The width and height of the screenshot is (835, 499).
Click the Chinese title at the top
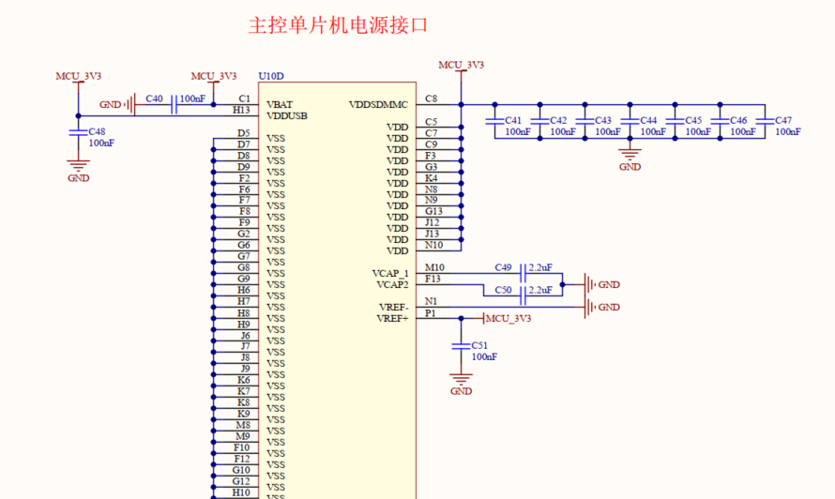(338, 25)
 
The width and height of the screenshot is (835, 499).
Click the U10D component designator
(270, 76)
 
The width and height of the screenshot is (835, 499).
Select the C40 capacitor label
(155, 98)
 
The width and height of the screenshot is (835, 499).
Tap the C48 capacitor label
(97, 132)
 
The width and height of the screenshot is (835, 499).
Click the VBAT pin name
(280, 105)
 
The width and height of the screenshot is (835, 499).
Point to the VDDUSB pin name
(287, 116)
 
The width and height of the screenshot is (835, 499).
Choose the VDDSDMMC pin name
(378, 105)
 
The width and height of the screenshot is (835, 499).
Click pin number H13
(242, 110)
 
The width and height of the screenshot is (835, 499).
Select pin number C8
(431, 98)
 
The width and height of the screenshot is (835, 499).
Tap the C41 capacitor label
(513, 121)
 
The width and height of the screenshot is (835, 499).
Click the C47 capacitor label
(783, 121)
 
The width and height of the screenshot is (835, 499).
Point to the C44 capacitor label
(648, 121)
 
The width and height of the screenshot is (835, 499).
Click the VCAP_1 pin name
(390, 274)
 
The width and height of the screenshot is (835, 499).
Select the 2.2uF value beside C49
(540, 267)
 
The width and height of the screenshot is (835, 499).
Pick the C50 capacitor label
(503, 290)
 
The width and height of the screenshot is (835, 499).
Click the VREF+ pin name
(392, 319)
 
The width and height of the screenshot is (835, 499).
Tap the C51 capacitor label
(479, 346)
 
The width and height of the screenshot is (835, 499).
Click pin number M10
(434, 267)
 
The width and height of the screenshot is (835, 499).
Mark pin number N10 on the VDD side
(433, 245)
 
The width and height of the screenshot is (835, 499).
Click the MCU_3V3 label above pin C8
(462, 65)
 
